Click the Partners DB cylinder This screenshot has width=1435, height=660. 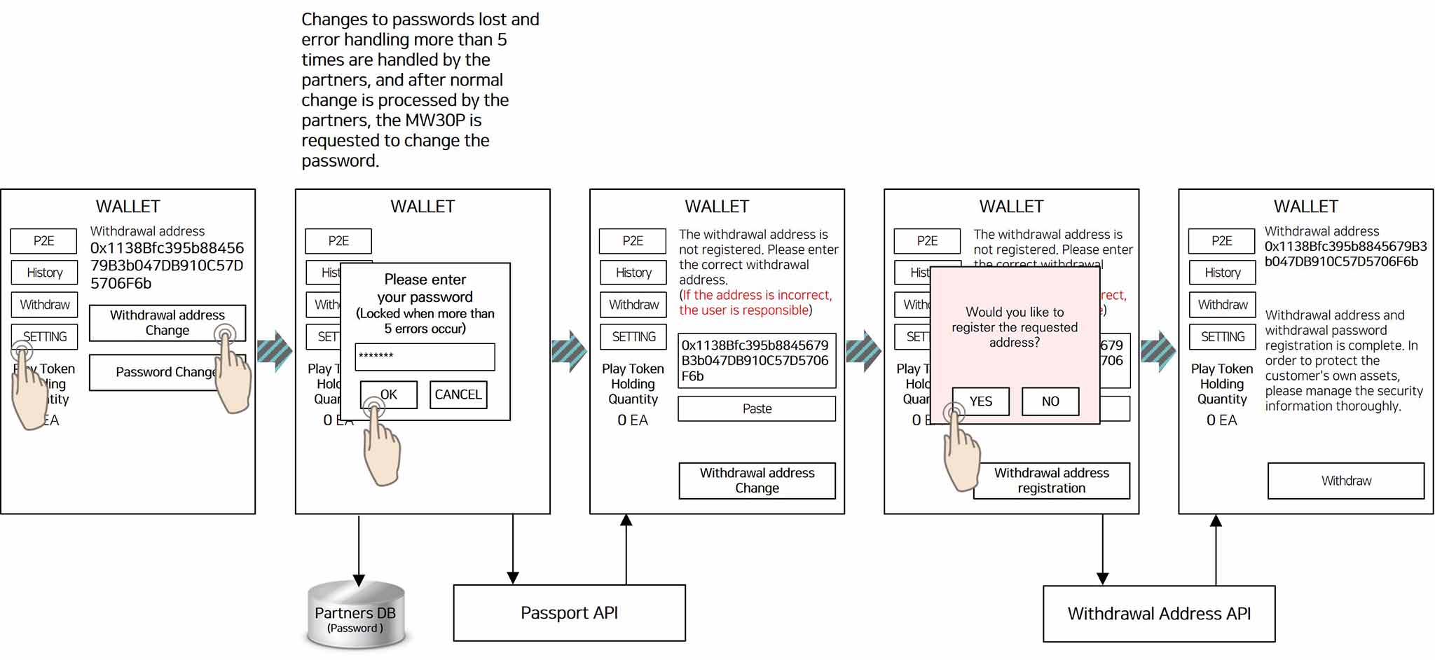point(356,614)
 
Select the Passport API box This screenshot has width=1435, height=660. point(569,613)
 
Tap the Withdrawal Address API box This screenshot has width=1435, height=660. point(1158,614)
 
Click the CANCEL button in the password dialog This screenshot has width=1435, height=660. point(458,394)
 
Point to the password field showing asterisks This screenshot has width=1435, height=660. point(425,357)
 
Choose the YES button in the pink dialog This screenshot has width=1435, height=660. point(981,401)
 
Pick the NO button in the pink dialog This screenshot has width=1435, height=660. point(1050,401)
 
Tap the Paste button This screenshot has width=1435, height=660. point(757,408)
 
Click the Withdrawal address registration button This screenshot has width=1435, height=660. point(1051,481)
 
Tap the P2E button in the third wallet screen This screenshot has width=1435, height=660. point(632,241)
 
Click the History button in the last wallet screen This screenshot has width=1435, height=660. point(1222,273)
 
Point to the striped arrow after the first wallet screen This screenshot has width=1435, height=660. point(275,350)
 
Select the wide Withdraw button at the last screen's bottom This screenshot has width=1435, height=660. point(1345,481)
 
